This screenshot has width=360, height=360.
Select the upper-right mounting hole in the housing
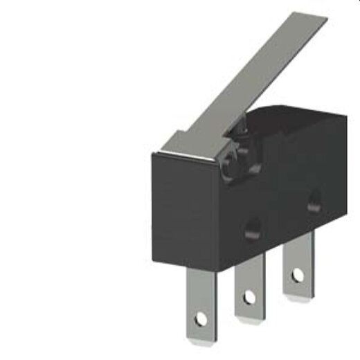[314, 201]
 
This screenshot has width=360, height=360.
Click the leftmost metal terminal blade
[201, 305]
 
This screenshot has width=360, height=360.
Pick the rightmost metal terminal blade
[296, 267]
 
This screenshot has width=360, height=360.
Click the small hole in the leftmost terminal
[201, 320]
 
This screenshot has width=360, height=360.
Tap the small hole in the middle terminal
[249, 298]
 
